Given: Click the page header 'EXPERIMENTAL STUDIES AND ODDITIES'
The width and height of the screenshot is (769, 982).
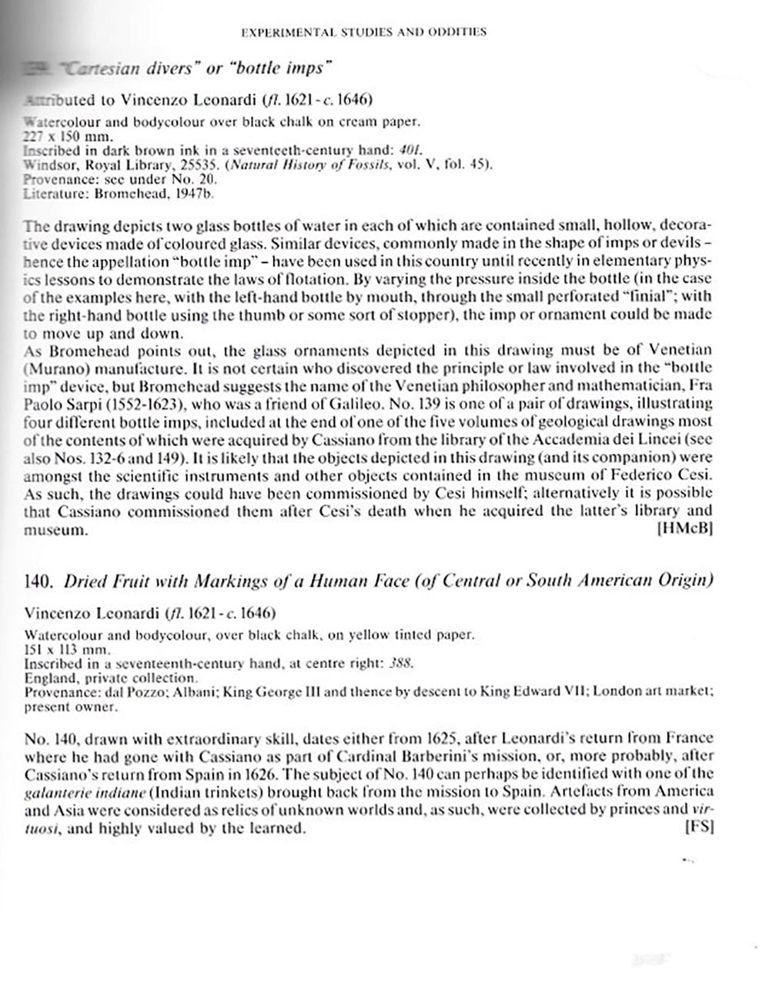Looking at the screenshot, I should [363, 32].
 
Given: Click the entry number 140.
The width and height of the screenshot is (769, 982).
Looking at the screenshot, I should [38, 581].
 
